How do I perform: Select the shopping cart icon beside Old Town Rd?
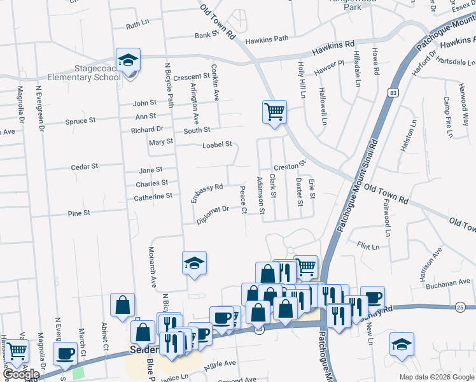274,112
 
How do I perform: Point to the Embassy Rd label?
207,194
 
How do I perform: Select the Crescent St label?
192,76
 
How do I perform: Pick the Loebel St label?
217,145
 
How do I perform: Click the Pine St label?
79,213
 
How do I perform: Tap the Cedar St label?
84,167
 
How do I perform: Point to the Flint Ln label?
368,246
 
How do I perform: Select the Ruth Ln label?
136,26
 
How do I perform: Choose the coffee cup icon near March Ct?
65,354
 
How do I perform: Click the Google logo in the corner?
21,374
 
